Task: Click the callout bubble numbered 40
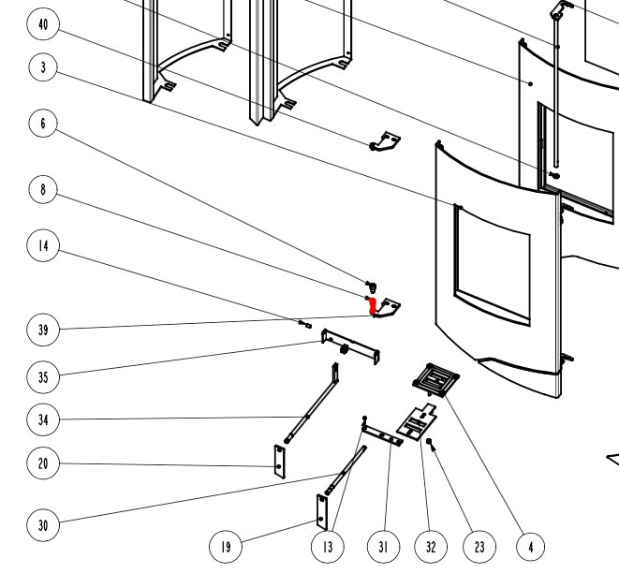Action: pyautogui.click(x=43, y=25)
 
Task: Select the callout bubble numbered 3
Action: pyautogui.click(x=43, y=67)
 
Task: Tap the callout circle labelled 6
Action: pyautogui.click(x=43, y=124)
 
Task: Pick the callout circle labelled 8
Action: pyautogui.click(x=43, y=190)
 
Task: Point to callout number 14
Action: pyautogui.click(x=43, y=246)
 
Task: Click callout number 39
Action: pyautogui.click(x=43, y=330)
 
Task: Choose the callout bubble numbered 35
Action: pyautogui.click(x=43, y=377)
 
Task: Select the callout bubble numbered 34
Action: pyautogui.click(x=43, y=419)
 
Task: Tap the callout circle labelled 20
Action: pyautogui.click(x=43, y=463)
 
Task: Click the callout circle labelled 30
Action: pyautogui.click(x=43, y=525)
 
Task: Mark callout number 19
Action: pyautogui.click(x=225, y=546)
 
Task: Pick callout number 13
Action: pyautogui.click(x=326, y=546)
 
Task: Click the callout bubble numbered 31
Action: pyautogui.click(x=382, y=546)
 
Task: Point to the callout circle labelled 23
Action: pyautogui.click(x=479, y=546)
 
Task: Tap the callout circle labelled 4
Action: pyautogui.click(x=529, y=546)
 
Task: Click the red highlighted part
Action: pyautogui.click(x=371, y=304)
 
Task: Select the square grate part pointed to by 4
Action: pyautogui.click(x=435, y=378)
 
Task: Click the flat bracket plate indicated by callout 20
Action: pyautogui.click(x=278, y=461)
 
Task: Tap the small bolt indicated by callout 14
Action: pyautogui.click(x=307, y=325)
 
